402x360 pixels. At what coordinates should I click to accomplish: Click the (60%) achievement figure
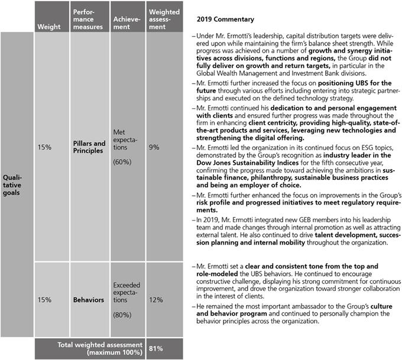tap(122, 176)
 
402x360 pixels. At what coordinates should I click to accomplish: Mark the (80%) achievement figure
tap(122, 316)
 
